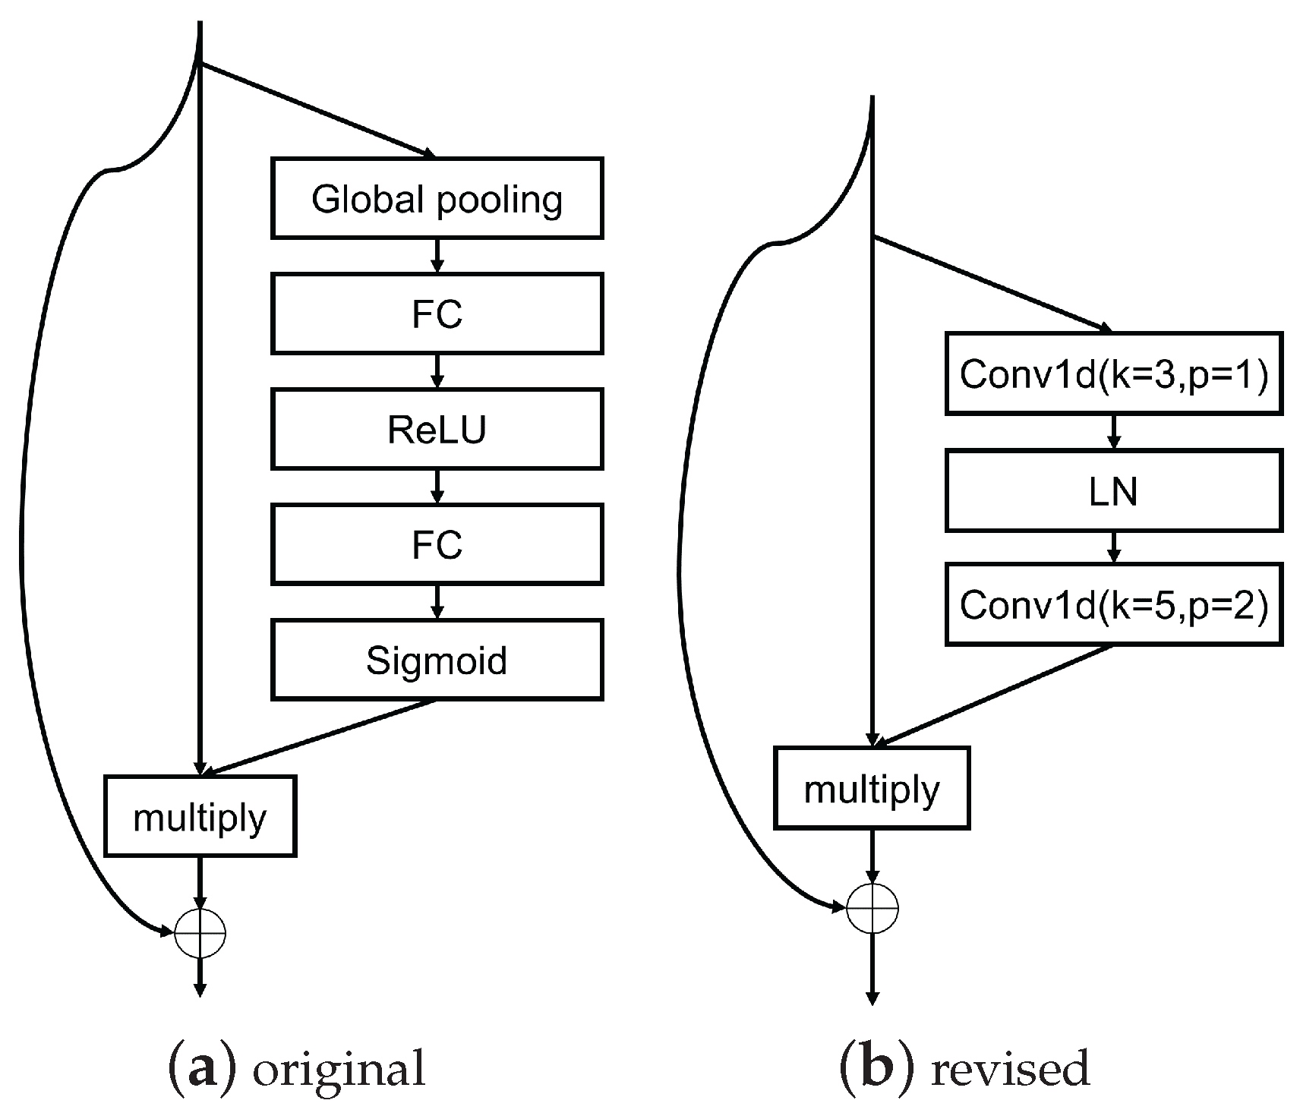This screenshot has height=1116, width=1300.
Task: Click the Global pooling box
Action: [437, 198]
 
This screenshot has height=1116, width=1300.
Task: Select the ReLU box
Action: [437, 429]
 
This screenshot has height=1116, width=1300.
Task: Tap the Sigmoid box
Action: [437, 660]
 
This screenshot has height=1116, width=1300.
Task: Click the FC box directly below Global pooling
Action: [437, 314]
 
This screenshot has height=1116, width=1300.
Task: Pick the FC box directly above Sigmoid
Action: [437, 544]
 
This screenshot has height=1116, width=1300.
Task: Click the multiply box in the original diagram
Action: [200, 816]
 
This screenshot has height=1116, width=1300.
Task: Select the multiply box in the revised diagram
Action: [872, 788]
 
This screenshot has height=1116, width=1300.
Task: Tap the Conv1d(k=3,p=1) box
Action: [1114, 374]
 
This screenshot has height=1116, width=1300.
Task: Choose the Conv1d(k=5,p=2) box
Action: [1114, 604]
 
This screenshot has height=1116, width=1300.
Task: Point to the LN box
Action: [1114, 490]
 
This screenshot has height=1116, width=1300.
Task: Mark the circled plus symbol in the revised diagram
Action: [872, 907]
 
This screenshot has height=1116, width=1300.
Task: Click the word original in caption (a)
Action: [339, 1069]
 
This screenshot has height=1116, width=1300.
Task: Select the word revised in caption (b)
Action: [1010, 1068]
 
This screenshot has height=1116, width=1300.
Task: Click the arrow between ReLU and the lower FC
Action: [437, 487]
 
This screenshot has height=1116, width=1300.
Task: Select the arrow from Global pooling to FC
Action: [437, 256]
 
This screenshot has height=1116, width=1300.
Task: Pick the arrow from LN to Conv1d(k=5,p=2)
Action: [1114, 547]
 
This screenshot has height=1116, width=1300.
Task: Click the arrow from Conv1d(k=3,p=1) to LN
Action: [1114, 431]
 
